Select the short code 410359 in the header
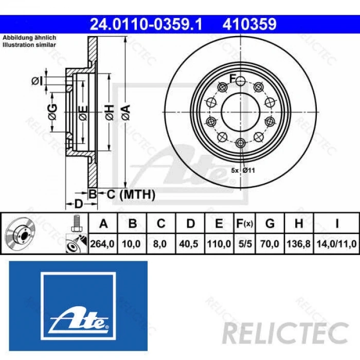[249, 24]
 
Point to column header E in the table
[219, 224]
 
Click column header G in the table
[269, 224]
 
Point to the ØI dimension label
[37, 80]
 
